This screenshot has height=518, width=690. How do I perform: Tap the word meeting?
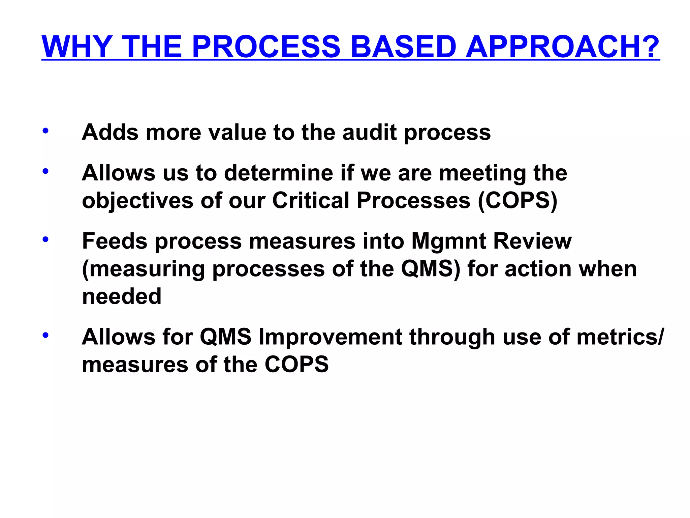[x=482, y=174]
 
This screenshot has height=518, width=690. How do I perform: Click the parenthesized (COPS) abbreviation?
[x=517, y=201]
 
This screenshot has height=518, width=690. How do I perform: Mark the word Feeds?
[x=115, y=241]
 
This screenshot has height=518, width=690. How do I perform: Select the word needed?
[x=122, y=296]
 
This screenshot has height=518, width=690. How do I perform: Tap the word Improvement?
[x=330, y=337]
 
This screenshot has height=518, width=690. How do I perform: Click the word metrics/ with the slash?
[x=620, y=337]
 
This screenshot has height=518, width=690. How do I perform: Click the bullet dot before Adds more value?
[x=45, y=131]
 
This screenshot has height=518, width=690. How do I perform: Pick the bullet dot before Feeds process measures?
[x=45, y=240]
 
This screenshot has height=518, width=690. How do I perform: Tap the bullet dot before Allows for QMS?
[x=45, y=336]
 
